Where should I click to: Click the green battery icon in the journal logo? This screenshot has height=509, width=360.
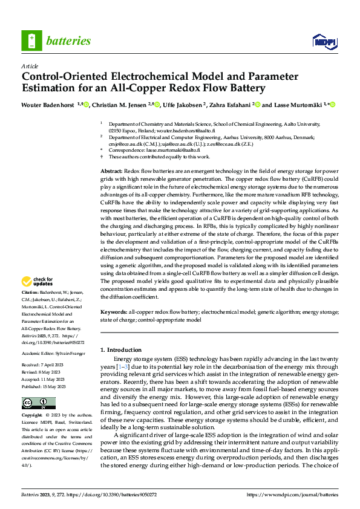(31, 41)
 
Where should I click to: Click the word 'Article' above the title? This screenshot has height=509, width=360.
(30, 66)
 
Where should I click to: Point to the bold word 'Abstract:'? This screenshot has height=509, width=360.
(111, 172)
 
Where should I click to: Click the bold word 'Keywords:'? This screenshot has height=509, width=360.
(113, 312)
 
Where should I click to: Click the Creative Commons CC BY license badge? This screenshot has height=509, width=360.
(38, 403)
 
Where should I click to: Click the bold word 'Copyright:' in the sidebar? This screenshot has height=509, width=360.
(31, 416)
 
